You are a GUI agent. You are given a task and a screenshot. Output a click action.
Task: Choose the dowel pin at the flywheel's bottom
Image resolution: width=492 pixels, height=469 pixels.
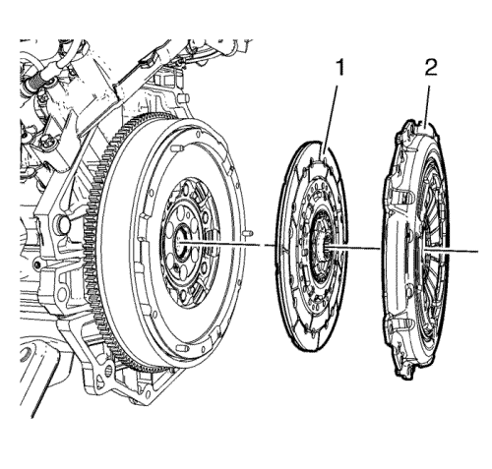(x=181, y=347)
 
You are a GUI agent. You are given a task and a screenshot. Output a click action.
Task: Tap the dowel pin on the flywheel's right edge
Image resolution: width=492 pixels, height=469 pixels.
(x=248, y=233)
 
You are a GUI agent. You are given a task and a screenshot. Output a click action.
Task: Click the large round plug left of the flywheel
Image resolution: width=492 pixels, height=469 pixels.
(x=63, y=222)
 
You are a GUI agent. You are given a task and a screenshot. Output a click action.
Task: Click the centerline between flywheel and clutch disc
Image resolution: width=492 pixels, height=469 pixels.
(x=226, y=243)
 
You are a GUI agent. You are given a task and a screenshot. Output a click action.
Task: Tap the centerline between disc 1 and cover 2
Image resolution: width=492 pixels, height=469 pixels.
(x=353, y=248)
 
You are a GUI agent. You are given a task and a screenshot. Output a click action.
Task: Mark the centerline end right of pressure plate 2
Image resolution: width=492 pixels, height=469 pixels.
(x=477, y=252)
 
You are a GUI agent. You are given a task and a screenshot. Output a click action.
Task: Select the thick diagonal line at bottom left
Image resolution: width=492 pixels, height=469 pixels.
(x=42, y=387)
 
